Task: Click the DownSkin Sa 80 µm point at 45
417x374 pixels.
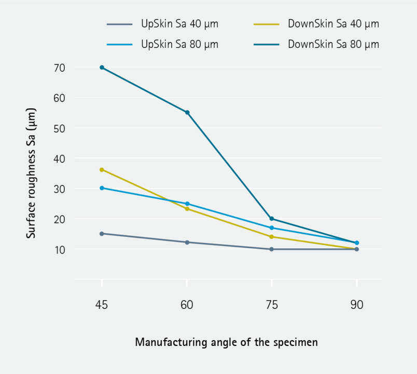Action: coord(102,68)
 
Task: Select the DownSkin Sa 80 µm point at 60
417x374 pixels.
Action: coord(187,112)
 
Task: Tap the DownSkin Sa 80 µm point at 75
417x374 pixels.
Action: coord(272,219)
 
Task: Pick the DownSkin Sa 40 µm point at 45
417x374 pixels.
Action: coord(102,170)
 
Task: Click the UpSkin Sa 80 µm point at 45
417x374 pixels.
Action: coord(102,188)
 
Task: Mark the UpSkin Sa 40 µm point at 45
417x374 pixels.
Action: coord(102,234)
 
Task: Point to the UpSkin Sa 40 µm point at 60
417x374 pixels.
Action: coord(187,242)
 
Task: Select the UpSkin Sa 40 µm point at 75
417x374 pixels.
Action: coord(272,249)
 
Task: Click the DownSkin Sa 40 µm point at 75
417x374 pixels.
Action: coord(272,237)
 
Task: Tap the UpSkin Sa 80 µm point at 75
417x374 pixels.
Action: coord(272,228)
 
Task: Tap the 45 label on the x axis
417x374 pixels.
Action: coord(102,305)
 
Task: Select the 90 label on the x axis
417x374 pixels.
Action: coord(357,305)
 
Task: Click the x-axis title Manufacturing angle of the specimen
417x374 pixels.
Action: coord(226,342)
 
